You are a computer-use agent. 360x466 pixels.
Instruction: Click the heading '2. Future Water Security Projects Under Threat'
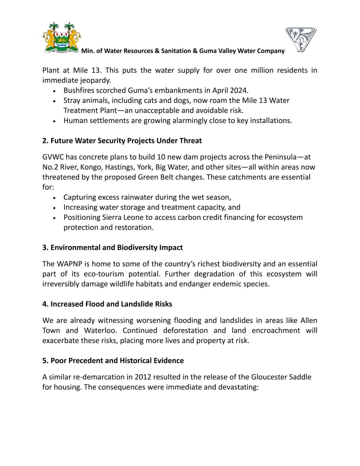(122, 140)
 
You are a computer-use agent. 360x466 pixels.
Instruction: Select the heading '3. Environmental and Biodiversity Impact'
(113, 247)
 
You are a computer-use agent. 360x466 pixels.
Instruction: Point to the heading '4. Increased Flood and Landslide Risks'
(107, 304)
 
